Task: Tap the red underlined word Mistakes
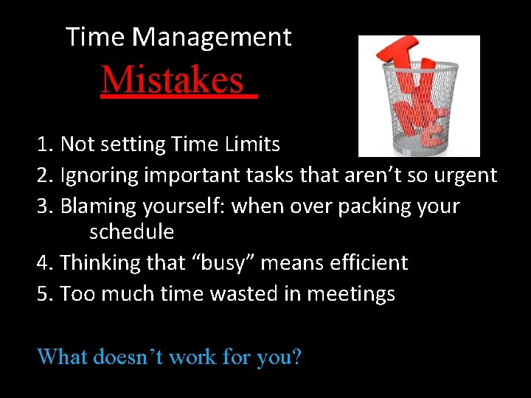172,80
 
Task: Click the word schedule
131,232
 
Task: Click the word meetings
350,293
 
